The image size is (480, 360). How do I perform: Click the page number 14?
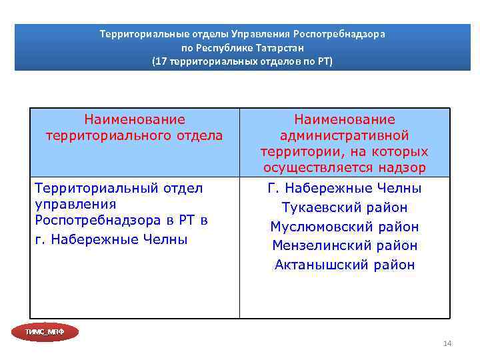447,343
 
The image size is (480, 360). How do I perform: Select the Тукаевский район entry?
345,207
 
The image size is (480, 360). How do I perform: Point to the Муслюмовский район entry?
345,227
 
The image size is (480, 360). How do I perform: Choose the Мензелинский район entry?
345,245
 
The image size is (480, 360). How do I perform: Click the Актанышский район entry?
345,265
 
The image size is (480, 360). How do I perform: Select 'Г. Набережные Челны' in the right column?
345,188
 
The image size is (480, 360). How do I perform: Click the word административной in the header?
345,136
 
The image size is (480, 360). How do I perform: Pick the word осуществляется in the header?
319,168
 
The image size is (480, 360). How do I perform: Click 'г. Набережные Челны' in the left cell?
111,239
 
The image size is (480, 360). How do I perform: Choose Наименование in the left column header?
135,120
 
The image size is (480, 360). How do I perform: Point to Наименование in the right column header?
345,120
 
